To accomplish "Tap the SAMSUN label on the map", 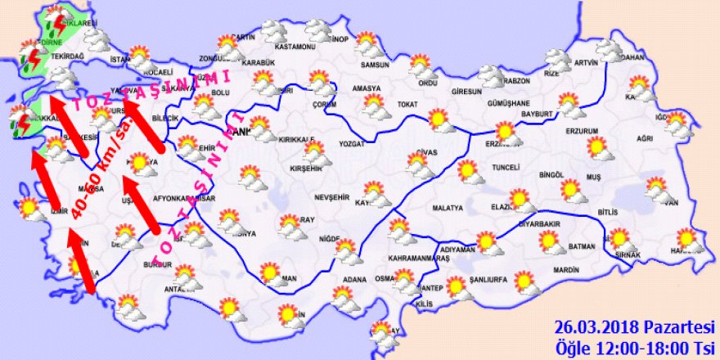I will tap(374, 65).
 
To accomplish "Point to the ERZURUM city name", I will tap(582, 131).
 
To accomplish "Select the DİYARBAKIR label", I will tap(539, 223).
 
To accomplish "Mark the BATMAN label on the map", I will tap(581, 245).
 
